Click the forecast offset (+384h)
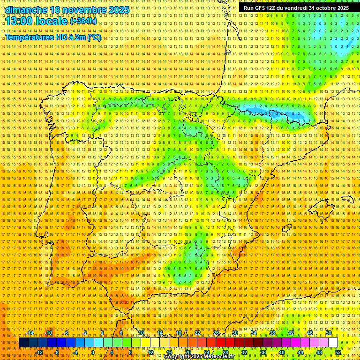[x=83, y=21]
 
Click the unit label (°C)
[x=94, y=37]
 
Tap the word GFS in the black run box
[x=262, y=8]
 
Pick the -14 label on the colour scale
[x=30, y=333]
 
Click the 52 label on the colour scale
[x=338, y=352]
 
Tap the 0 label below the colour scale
[x=93, y=352]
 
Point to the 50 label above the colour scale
[x=329, y=333]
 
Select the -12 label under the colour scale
[x=39, y=352]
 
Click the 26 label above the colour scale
[x=216, y=333]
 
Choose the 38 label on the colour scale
[x=272, y=333]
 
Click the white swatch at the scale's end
[x=333, y=343]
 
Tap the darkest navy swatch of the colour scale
[x=23, y=343]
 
